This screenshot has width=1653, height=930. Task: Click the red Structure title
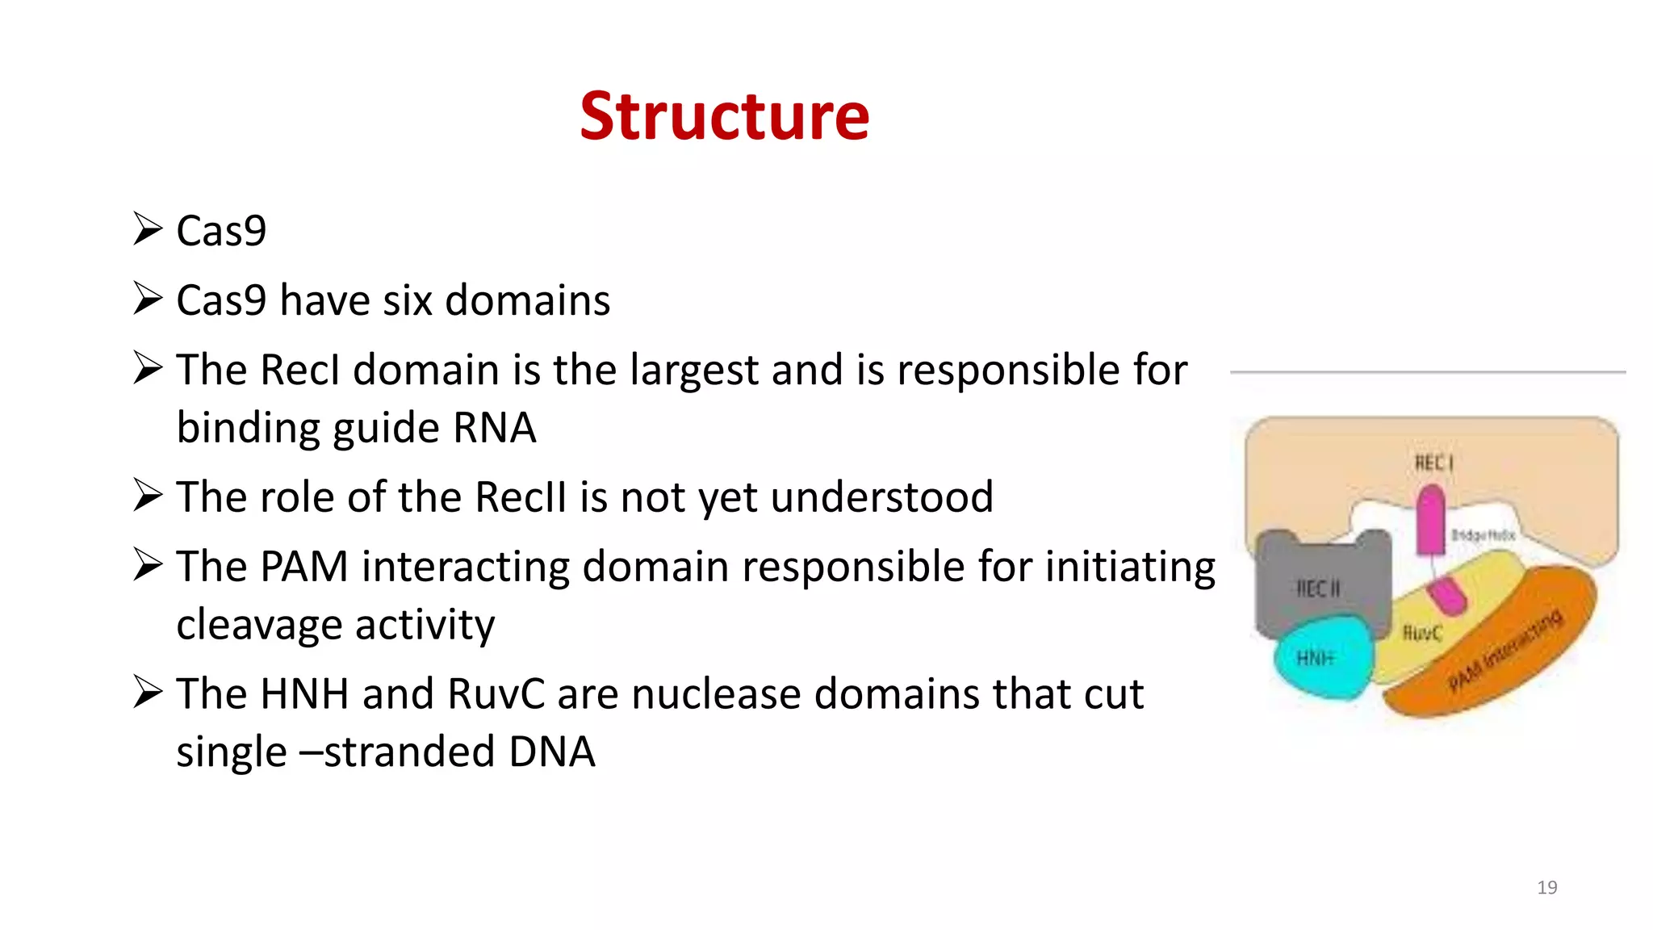(724, 116)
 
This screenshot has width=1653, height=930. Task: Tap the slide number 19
(1546, 887)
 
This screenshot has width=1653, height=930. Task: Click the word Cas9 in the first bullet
(221, 231)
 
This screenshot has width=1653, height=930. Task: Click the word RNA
(494, 428)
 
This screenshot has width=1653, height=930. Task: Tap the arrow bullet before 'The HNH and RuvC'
(149, 693)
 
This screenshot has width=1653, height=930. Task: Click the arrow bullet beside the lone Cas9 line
(149, 229)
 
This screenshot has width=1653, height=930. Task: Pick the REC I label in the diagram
(1433, 463)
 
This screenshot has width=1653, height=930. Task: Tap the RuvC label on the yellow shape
(1421, 633)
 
